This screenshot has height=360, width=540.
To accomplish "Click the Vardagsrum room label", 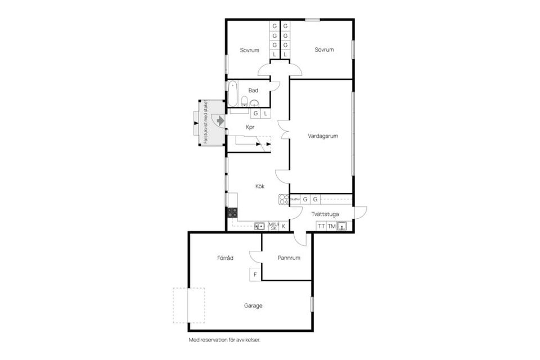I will [x=322, y=136].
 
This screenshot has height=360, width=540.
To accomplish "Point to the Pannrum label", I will [x=289, y=258].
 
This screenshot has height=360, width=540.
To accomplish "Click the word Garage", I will [x=253, y=306].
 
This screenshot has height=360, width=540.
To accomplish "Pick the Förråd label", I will [x=225, y=258].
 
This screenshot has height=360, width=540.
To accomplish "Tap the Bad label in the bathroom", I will [x=253, y=90].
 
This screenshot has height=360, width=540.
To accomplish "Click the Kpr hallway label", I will [x=251, y=127].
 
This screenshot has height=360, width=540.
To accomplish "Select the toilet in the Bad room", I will [x=245, y=101].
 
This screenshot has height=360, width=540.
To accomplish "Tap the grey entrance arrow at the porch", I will [x=220, y=120].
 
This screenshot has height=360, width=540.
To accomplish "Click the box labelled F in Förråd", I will [x=255, y=274].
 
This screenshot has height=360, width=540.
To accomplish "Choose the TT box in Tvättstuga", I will [x=321, y=226].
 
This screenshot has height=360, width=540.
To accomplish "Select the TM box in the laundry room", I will [x=332, y=226].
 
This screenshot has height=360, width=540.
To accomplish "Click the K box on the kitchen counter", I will [x=283, y=226].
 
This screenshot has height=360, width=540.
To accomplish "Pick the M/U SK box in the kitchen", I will [x=273, y=226].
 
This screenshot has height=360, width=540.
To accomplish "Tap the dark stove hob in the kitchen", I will [x=232, y=213].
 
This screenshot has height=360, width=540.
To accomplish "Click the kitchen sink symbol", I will [x=259, y=226].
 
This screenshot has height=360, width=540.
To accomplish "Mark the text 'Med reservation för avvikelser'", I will [x=224, y=340].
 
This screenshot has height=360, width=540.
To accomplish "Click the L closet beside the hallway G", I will [x=265, y=113].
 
